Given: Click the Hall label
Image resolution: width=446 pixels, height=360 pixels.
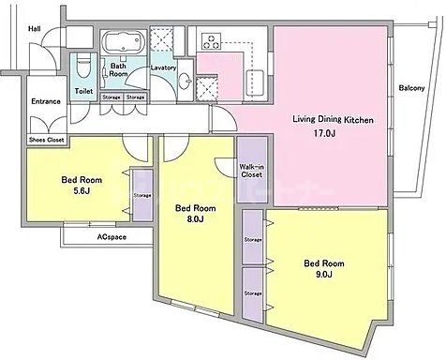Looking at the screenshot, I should click(34, 29).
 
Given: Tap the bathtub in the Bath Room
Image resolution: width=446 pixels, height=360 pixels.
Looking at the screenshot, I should click(120, 43).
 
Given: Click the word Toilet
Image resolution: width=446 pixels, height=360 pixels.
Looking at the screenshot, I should click(83, 91).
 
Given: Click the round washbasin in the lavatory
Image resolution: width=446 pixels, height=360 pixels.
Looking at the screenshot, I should click(184, 79).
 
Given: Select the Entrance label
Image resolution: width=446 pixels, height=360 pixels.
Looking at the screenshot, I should click(45, 101).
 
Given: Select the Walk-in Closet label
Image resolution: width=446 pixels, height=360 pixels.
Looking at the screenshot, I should click(251, 170).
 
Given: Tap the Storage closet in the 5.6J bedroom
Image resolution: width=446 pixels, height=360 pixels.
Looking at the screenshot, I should click(142, 195).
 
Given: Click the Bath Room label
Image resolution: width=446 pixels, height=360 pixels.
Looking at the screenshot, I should click(119, 71).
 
